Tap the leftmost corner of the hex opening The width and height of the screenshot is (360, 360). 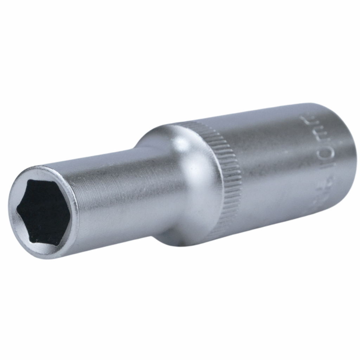tap(17, 211)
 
